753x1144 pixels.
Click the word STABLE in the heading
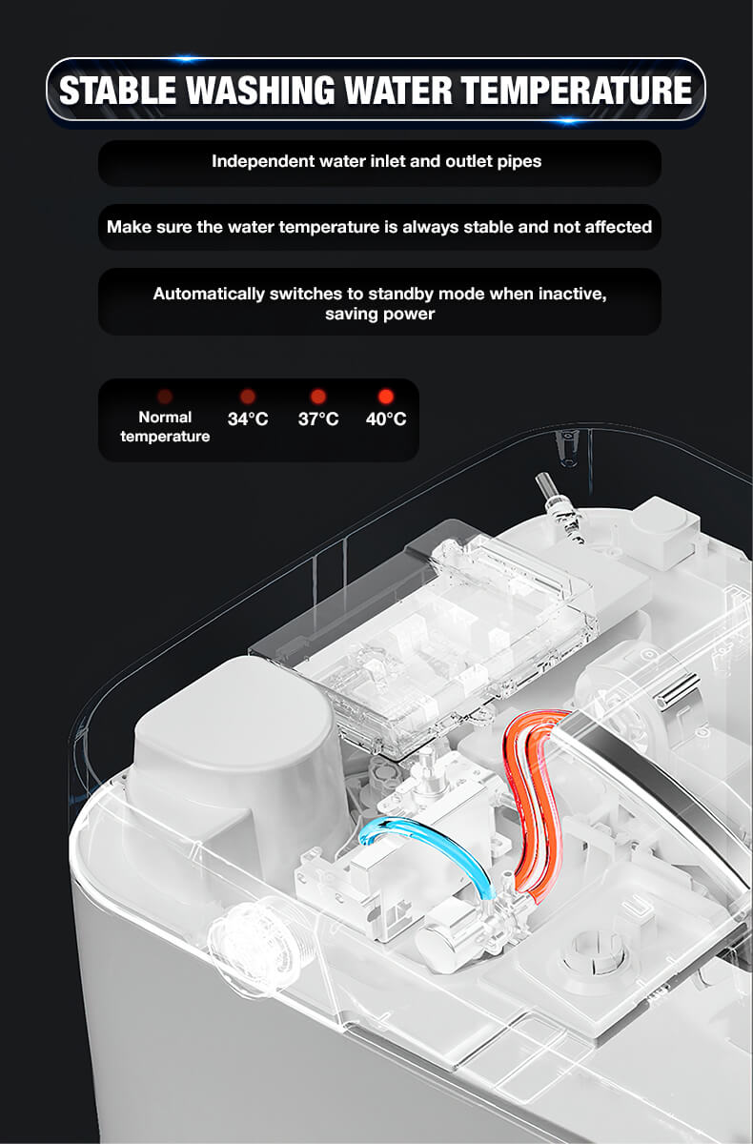point(117,90)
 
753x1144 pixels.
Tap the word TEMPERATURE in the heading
point(577,90)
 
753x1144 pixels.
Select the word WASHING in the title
point(260,90)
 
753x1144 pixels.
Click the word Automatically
point(209,295)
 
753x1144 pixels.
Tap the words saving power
point(379,314)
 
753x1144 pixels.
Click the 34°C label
point(248,419)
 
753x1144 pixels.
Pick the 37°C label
point(318,419)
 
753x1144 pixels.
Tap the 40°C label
point(386,419)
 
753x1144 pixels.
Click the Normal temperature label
point(165,426)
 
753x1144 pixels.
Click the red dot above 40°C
point(386,396)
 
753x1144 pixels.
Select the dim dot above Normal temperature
point(165,396)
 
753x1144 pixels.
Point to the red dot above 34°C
point(248,396)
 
